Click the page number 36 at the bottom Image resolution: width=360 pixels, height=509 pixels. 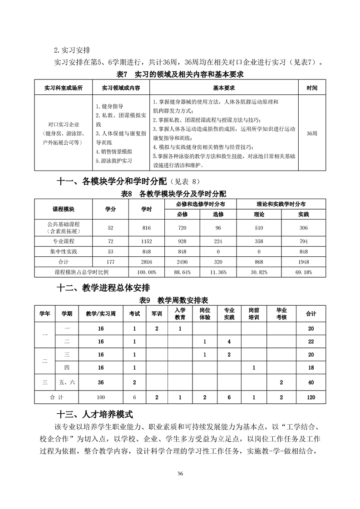[180, 474]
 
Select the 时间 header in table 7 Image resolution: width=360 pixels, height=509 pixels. [312, 88]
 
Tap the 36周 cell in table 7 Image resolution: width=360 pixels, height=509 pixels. [312, 133]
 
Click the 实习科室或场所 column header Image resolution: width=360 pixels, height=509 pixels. [63, 88]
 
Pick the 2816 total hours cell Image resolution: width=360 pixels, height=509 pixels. [146, 262]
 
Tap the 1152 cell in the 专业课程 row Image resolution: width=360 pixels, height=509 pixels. [146, 241]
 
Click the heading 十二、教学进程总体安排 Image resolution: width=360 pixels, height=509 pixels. [104, 288]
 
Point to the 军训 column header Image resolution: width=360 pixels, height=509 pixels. [156, 313]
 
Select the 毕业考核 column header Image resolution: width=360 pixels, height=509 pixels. [281, 313]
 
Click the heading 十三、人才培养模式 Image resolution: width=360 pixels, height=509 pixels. [94, 414]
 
